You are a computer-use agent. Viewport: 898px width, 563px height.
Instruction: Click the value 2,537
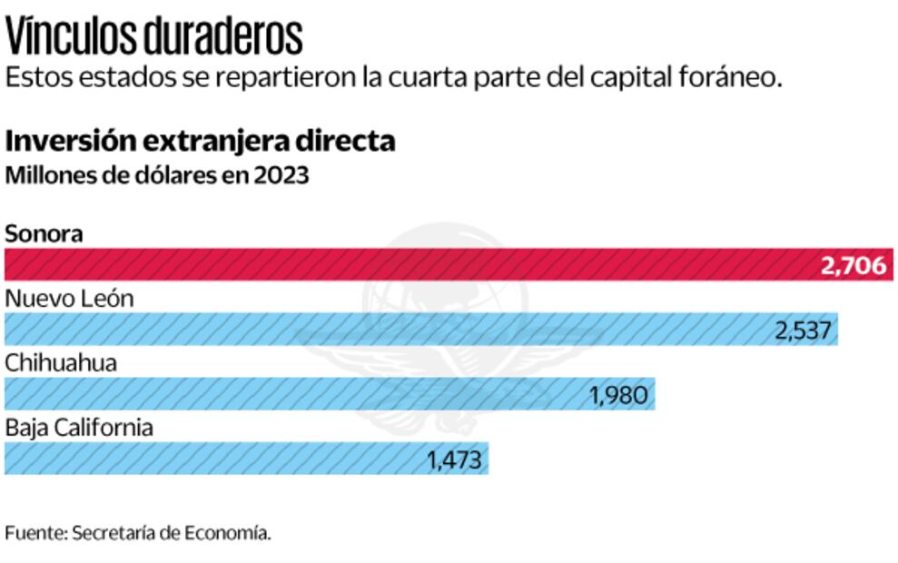click(x=803, y=330)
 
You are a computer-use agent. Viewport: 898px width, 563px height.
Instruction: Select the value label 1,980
click(x=618, y=395)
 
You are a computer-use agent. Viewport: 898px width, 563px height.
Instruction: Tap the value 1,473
click(x=454, y=459)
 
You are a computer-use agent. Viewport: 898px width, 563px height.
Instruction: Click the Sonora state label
click(x=44, y=233)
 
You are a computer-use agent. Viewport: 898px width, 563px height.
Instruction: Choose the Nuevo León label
click(x=69, y=299)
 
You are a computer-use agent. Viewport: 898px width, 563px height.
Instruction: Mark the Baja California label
click(x=79, y=428)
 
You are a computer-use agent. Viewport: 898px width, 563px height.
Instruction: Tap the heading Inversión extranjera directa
click(x=200, y=142)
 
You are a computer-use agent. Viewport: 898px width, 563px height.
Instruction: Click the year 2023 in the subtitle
click(x=281, y=175)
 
